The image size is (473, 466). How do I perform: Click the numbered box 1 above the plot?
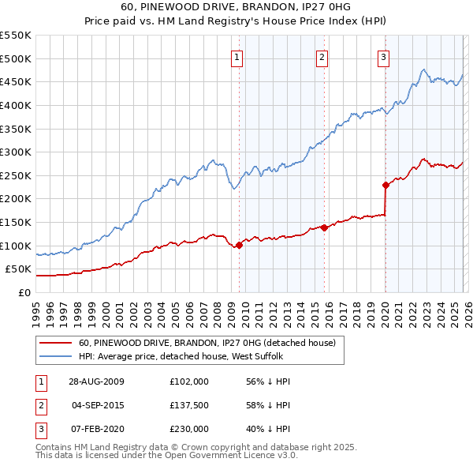coord(237,56)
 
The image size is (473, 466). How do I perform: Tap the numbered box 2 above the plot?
coord(322,56)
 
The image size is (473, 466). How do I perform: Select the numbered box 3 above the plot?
coord(383,56)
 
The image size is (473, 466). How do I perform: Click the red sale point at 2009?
coord(240,245)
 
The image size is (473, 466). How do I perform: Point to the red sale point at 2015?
coord(324,228)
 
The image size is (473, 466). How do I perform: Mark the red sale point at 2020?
coord(385,186)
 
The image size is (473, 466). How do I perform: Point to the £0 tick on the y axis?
coord(24,293)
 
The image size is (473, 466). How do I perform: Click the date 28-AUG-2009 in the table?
coord(97,381)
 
